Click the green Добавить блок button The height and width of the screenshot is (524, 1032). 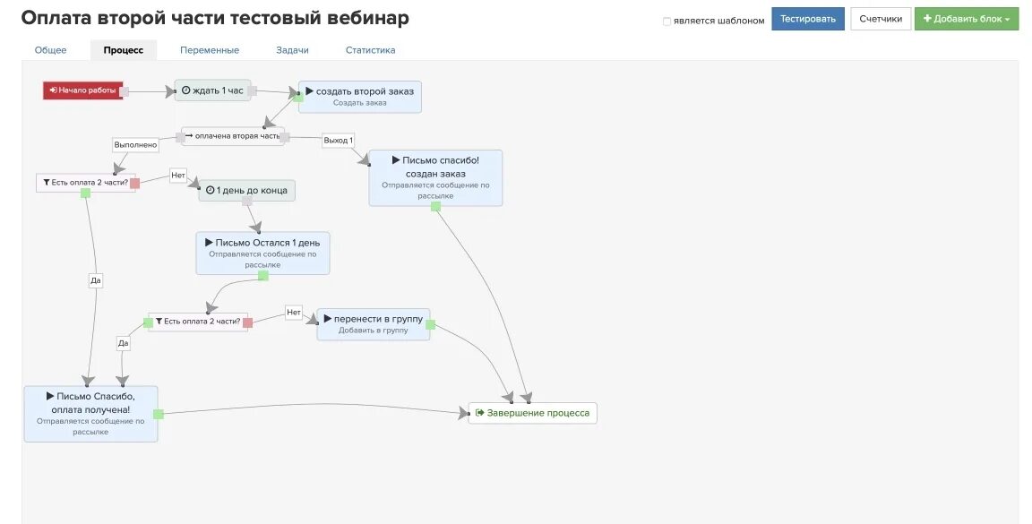(x=966, y=19)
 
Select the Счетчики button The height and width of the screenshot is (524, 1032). (x=880, y=19)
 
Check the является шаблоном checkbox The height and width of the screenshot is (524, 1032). (x=666, y=21)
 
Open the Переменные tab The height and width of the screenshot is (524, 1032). (x=209, y=50)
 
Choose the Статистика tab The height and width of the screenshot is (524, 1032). (x=370, y=50)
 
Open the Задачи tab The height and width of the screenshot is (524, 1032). (x=292, y=50)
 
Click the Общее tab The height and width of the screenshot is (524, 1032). (x=50, y=50)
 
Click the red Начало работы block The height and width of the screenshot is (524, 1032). (x=82, y=90)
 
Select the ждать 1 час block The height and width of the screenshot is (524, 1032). (x=212, y=90)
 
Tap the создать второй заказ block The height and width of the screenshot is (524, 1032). (x=359, y=96)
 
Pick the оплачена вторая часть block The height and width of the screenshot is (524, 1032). (x=232, y=135)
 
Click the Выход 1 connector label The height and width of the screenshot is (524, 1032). (x=338, y=140)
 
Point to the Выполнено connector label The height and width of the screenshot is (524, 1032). (x=135, y=144)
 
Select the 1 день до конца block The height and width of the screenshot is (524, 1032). (x=246, y=190)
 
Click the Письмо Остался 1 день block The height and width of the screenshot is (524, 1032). (x=262, y=253)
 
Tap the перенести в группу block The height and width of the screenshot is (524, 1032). (x=374, y=323)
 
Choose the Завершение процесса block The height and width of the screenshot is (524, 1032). (x=532, y=413)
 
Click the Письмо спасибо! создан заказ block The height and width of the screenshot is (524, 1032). (x=435, y=177)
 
